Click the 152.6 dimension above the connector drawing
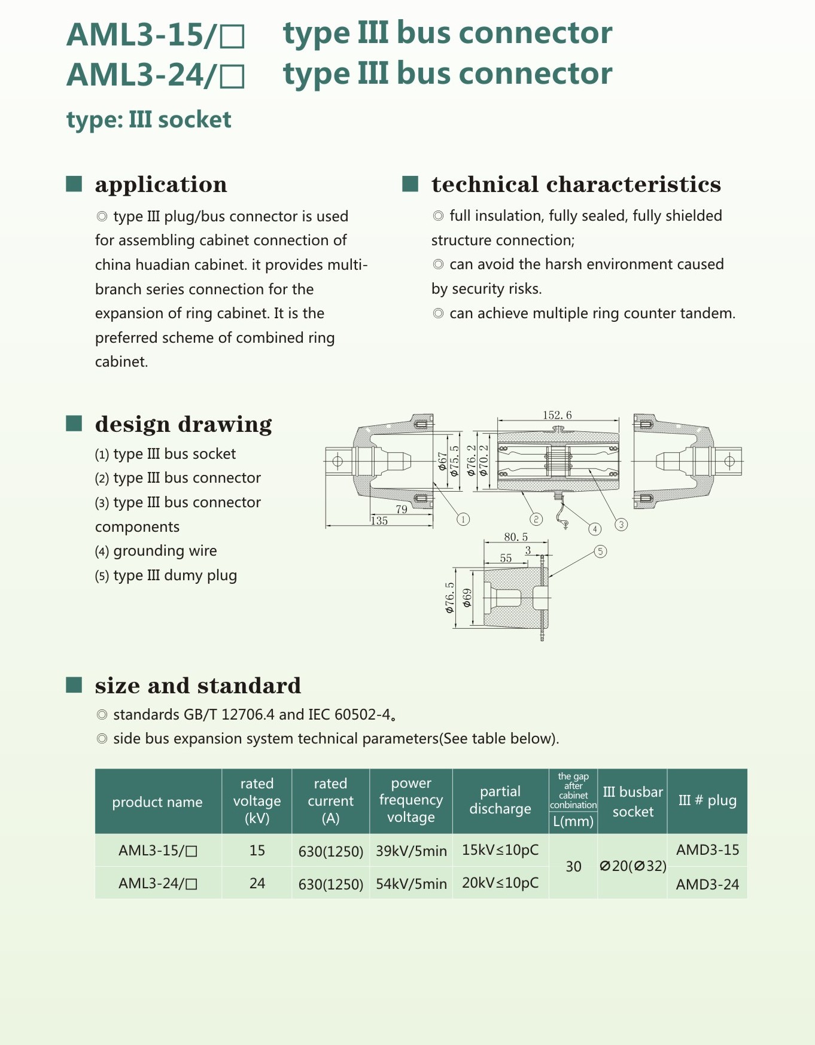coord(557,415)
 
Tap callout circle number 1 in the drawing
coord(463,519)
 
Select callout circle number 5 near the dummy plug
coord(600,552)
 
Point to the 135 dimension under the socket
coord(379,521)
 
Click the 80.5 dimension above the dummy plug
coord(516,537)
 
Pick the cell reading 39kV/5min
coord(411,851)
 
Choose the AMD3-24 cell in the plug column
coord(707,884)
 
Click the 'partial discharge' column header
coord(500,800)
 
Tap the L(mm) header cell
coord(573,821)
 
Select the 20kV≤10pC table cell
coord(500,883)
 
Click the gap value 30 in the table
coord(573,866)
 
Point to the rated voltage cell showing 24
coord(257,883)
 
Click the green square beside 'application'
coord(74,184)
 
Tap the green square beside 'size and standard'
coord(74,684)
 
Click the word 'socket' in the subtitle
coord(195,120)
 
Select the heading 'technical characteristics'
coord(576,185)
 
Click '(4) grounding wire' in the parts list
coord(156,551)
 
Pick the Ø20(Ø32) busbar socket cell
coord(632,866)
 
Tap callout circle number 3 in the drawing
coord(621,525)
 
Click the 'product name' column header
coord(157,802)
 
